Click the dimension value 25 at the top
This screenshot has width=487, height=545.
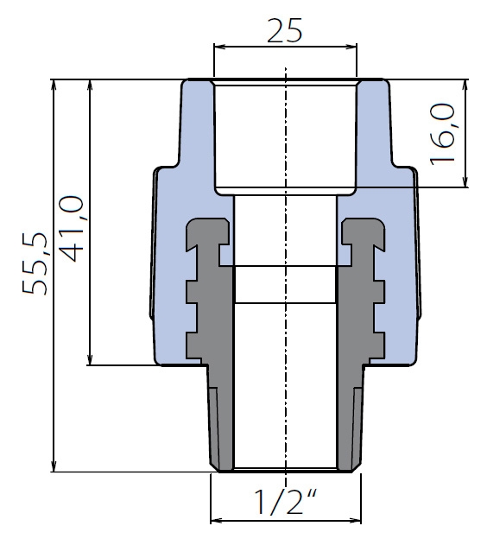tap(285, 30)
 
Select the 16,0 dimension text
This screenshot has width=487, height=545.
tap(442, 134)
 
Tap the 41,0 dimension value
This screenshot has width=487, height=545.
tap(71, 228)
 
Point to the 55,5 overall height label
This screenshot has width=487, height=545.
tap(35, 263)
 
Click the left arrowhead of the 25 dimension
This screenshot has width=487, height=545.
tap(218, 47)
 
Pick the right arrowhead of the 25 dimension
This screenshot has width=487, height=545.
tap(352, 47)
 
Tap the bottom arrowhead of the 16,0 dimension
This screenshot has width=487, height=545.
tap(465, 181)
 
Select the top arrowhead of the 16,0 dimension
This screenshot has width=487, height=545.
tap(465, 85)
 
